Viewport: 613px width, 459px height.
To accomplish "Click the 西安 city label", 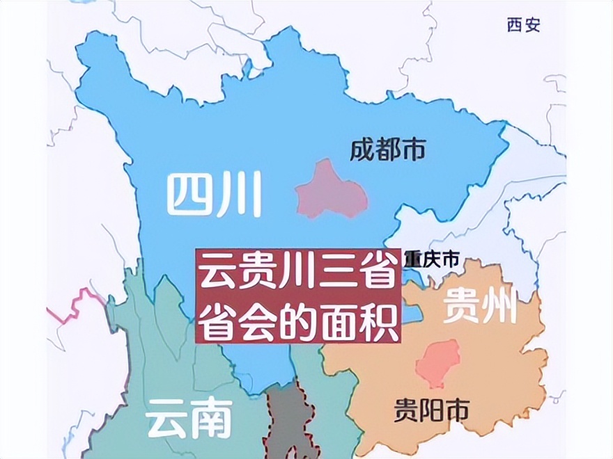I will [x=523, y=26].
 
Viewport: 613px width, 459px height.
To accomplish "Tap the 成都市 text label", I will [x=387, y=150].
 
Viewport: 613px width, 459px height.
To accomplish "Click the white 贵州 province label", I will [x=481, y=307].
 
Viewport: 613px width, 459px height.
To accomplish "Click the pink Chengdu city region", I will [x=330, y=190].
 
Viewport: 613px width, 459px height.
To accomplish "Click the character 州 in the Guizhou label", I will [x=500, y=307].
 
